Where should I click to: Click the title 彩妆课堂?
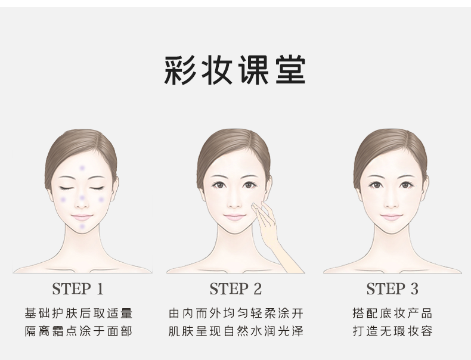pyautogui.click(x=235, y=70)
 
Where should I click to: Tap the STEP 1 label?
pyautogui.click(x=78, y=289)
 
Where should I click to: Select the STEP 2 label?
pyautogui.click(x=235, y=289)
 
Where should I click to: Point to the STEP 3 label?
pyautogui.click(x=392, y=289)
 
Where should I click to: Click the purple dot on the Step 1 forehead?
pyautogui.click(x=82, y=168)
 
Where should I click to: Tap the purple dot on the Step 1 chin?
pyautogui.click(x=82, y=226)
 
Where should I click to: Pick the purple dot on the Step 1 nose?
pyautogui.click(x=82, y=198)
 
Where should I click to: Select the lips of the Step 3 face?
pyautogui.click(x=391, y=217)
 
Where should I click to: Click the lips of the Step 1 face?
pyautogui.click(x=82, y=217)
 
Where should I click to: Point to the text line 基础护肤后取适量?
pyautogui.click(x=78, y=313)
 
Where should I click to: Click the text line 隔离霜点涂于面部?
pyautogui.click(x=78, y=331)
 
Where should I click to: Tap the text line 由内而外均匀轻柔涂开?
pyautogui.click(x=236, y=313)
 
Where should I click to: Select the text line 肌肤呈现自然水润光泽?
pyautogui.click(x=236, y=331)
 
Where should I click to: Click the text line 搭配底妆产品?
pyautogui.click(x=392, y=313)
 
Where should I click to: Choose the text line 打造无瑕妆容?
pyautogui.click(x=392, y=331)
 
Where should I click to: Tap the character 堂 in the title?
pyautogui.click(x=291, y=70)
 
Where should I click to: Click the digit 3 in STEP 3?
pyautogui.click(x=414, y=289)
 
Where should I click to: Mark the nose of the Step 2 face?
pyautogui.click(x=234, y=201)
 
